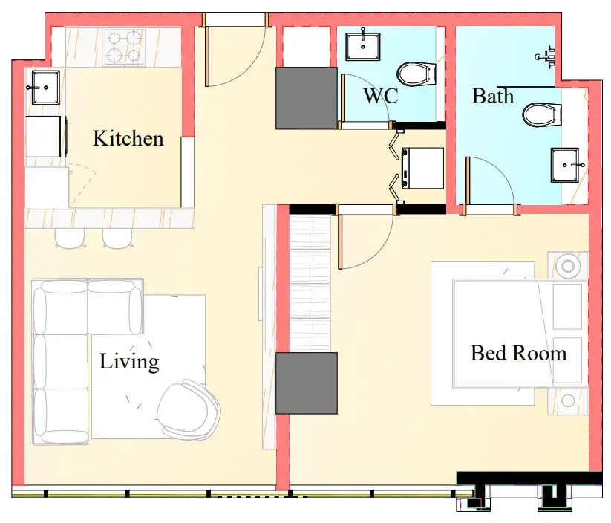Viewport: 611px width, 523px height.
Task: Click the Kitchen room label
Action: pyautogui.click(x=128, y=138)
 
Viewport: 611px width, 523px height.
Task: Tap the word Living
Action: pyautogui.click(x=129, y=362)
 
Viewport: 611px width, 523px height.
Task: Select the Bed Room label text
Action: pyautogui.click(x=518, y=353)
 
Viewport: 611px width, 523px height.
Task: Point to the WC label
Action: pyautogui.click(x=381, y=95)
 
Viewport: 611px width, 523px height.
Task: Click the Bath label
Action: pyautogui.click(x=493, y=96)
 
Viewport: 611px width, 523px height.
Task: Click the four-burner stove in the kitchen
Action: pyautogui.click(x=124, y=47)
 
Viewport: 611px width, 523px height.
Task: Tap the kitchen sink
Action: pyautogui.click(x=45, y=88)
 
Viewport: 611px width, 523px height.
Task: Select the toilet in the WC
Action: pyautogui.click(x=416, y=74)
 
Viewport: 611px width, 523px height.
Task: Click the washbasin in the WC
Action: pyautogui.click(x=363, y=46)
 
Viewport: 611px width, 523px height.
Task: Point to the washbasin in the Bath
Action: pyautogui.click(x=565, y=165)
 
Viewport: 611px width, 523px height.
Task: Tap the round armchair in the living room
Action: pyautogui.click(x=189, y=409)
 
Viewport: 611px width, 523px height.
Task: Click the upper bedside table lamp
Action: pyautogui.click(x=568, y=266)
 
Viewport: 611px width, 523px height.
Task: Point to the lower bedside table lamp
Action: pyautogui.click(x=568, y=400)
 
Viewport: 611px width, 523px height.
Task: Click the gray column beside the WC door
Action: pyautogui.click(x=307, y=98)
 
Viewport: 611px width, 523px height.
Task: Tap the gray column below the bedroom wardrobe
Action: pyautogui.click(x=307, y=383)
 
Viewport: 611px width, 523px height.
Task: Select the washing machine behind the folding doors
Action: pyautogui.click(x=422, y=168)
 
